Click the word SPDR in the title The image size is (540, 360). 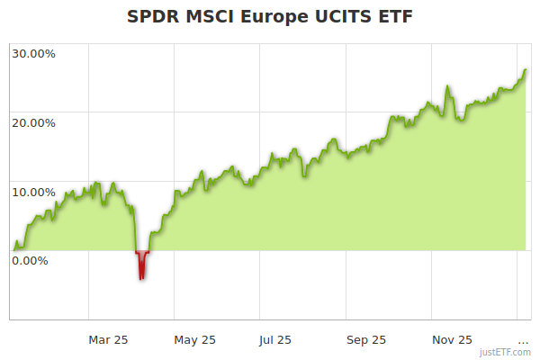[x=155, y=17]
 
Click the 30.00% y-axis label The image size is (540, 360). [x=33, y=53]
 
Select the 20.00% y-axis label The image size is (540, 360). [x=33, y=122]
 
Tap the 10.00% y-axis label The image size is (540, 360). [x=33, y=192]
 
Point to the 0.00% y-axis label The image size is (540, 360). [x=30, y=261]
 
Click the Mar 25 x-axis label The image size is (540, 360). [x=108, y=339]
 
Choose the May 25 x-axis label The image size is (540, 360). [x=195, y=339]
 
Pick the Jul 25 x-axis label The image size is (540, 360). [x=274, y=339]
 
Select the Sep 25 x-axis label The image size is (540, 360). [x=366, y=339]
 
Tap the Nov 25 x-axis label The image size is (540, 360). [x=452, y=339]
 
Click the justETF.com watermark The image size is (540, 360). [x=505, y=353]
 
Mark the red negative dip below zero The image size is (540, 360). [x=141, y=263]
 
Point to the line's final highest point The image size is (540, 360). [x=526, y=70]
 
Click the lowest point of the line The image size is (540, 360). [x=141, y=278]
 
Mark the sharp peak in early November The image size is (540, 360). [x=447, y=87]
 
